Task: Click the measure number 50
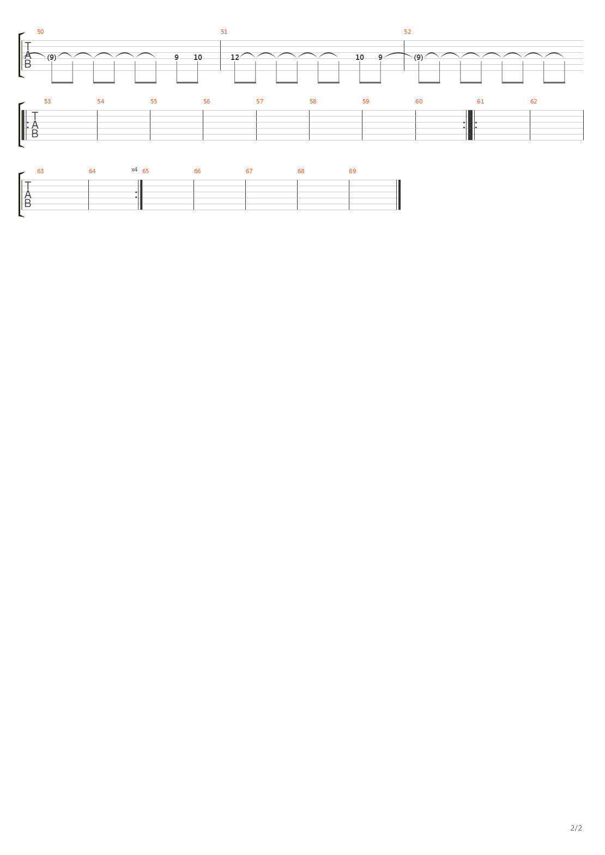(40, 32)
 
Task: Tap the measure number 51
(224, 32)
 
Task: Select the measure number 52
(407, 32)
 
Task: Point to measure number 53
(47, 101)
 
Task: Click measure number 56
(207, 101)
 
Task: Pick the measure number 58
(313, 101)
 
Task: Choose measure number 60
(419, 101)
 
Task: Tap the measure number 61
(480, 101)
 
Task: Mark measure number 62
(534, 101)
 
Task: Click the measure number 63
(40, 171)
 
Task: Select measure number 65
(146, 171)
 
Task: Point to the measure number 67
(249, 171)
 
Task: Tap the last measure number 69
(353, 171)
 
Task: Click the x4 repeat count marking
(134, 169)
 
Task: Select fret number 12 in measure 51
(235, 57)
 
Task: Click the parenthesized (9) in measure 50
(52, 57)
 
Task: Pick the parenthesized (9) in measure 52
(419, 57)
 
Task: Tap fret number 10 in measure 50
(197, 57)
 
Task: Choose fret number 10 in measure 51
(359, 57)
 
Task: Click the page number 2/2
(576, 828)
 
